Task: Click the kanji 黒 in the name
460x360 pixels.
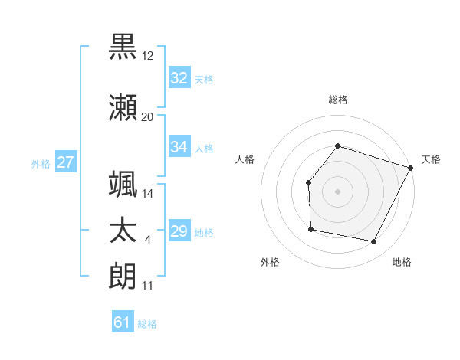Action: point(123,46)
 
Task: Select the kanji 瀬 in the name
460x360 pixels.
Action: point(123,106)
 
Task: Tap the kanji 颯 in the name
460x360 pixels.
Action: point(123,184)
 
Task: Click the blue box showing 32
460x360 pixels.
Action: point(179,78)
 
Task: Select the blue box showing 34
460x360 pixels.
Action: point(179,147)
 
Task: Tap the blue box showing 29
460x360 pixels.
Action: point(179,231)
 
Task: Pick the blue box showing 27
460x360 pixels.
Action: point(66,162)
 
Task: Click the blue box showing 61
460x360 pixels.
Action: point(123,322)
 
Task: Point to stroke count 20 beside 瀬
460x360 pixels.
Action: point(147,117)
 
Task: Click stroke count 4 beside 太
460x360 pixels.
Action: point(147,241)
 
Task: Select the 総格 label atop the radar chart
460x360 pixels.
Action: point(337,100)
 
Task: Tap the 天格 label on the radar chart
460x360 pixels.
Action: point(431,159)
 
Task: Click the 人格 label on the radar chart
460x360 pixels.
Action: point(245,159)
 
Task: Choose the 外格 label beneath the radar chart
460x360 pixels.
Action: point(270,262)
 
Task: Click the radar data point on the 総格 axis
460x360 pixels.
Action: point(337,146)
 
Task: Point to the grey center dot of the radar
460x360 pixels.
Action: point(337,191)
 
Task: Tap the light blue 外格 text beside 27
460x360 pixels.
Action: point(41,163)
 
